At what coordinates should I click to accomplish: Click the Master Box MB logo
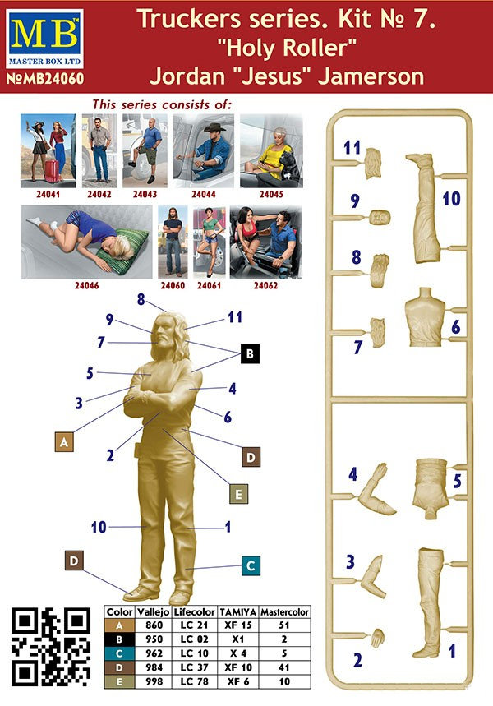pos(44,39)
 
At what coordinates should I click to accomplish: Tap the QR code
pos(51,647)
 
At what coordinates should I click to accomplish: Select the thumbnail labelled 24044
pos(204,150)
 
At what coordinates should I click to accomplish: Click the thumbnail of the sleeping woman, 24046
pos(86,242)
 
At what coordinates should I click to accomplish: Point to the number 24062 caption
pos(265,285)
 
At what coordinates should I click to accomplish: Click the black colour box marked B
pos(250,353)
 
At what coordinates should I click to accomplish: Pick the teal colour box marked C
pos(251,565)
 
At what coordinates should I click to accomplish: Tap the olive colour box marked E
pos(238,494)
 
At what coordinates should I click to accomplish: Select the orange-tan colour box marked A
pos(64,441)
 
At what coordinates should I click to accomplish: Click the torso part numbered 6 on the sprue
pos(425,317)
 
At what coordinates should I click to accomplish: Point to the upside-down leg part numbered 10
pos(423,208)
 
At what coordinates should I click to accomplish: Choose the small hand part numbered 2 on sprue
pos(377,638)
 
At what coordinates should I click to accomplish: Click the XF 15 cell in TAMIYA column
pos(237,625)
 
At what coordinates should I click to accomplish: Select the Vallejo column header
pos(153,612)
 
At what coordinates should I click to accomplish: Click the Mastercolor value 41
pos(284,667)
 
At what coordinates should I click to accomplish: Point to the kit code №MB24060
pos(45,79)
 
